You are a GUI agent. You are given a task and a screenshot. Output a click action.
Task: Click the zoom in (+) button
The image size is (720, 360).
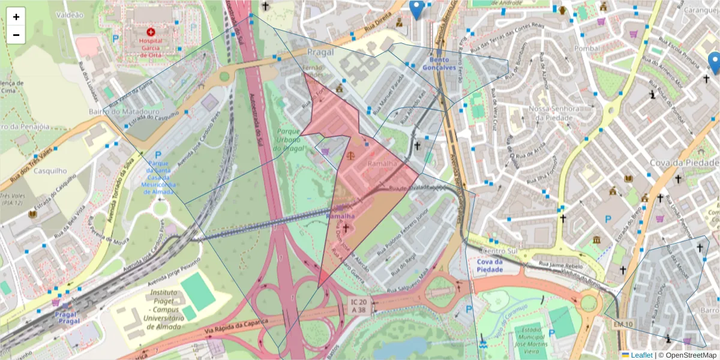coord(16,17)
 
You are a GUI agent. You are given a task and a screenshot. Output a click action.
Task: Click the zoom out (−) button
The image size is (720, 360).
coord(16,35)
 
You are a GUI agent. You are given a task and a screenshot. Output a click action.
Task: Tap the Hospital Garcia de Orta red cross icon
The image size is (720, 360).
coord(151,31)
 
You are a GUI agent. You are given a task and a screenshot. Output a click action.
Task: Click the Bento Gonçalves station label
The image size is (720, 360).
coord(440,64)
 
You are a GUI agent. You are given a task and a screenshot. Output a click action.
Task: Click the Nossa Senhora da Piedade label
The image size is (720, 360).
coord(554,113)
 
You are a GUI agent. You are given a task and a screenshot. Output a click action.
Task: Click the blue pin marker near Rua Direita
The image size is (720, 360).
coord(416,8)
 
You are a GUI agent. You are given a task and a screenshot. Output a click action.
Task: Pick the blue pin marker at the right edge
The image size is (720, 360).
coord(714,62)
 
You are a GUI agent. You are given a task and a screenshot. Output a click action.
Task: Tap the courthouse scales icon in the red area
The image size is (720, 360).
coord(350,154)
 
